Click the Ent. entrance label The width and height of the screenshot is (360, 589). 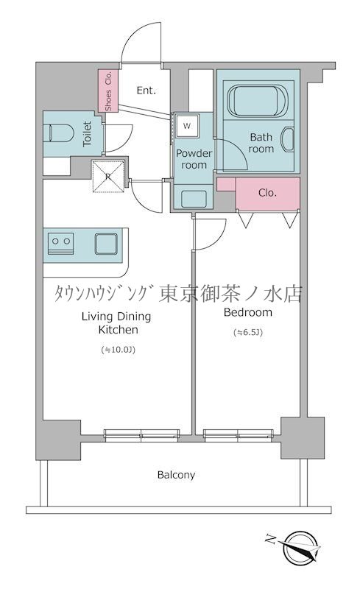click(x=146, y=91)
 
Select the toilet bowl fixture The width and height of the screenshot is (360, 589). click(x=60, y=133)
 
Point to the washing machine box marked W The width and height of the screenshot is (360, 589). click(x=186, y=126)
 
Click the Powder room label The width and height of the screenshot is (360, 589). click(x=194, y=159)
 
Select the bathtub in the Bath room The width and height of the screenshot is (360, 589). click(x=254, y=100)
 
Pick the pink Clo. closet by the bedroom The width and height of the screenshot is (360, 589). click(x=267, y=193)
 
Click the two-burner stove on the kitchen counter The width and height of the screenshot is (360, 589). click(x=60, y=240)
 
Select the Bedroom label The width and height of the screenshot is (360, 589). click(x=247, y=312)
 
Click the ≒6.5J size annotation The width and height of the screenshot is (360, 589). click(x=247, y=332)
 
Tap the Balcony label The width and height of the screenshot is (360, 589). click(x=176, y=475)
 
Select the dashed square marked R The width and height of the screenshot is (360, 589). click(x=107, y=175)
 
